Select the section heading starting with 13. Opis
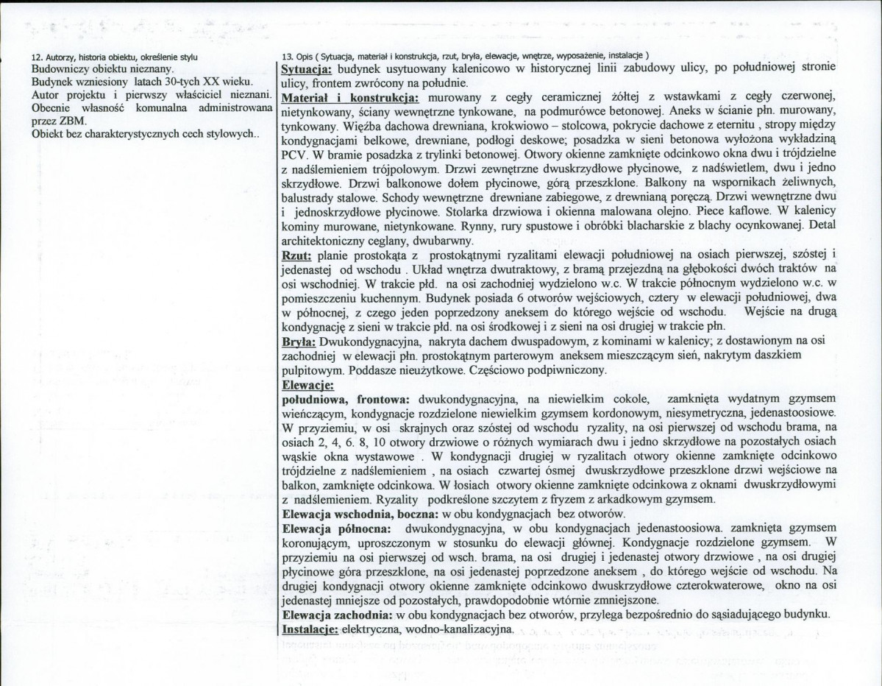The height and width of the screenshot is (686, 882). [465, 57]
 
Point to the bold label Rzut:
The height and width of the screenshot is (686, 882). [298, 255]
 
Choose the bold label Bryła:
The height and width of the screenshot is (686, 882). [299, 342]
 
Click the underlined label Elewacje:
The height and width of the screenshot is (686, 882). [308, 384]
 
